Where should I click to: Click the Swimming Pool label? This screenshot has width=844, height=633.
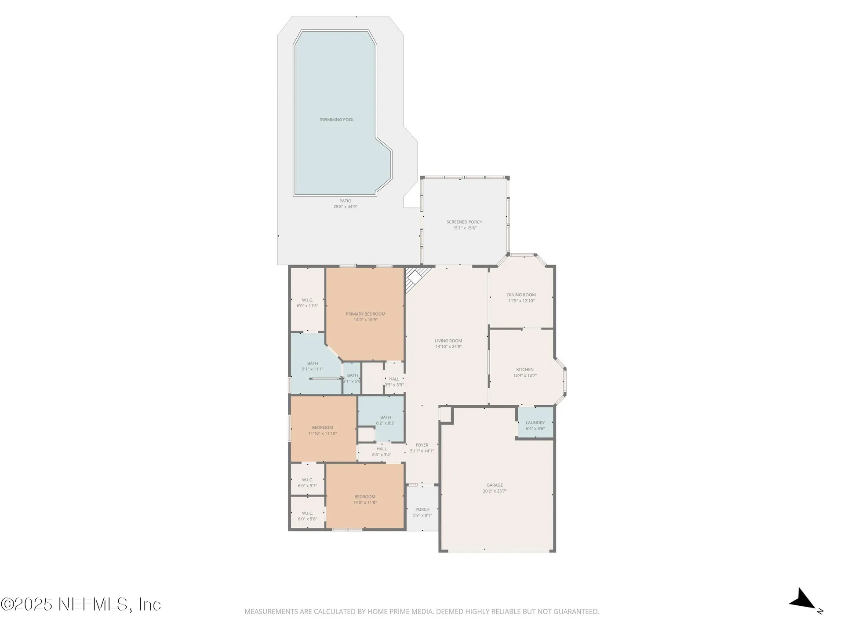[x=337, y=120]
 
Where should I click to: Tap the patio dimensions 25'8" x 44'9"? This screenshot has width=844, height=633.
[x=345, y=207]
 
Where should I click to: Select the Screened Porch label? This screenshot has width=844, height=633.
[x=464, y=222]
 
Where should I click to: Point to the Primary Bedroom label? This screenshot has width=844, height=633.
[x=365, y=314]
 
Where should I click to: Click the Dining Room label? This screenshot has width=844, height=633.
[x=521, y=295]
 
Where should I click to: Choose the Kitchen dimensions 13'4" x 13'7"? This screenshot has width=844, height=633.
[x=524, y=375]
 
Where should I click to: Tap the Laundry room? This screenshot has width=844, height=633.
[x=535, y=423]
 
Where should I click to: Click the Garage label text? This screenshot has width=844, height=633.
[x=495, y=485]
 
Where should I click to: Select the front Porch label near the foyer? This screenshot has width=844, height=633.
[x=422, y=509]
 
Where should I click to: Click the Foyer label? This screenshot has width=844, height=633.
[x=422, y=445]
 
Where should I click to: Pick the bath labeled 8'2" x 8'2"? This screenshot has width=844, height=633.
[x=385, y=420]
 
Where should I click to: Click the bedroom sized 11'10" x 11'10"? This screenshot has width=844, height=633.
[x=322, y=430]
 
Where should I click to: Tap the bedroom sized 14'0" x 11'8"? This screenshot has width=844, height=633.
[x=365, y=499]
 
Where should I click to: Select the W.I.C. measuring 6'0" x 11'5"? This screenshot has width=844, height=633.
[x=307, y=303]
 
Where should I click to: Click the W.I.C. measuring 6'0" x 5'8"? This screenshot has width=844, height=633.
[x=307, y=516]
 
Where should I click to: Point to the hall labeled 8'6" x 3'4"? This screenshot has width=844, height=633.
[x=382, y=452]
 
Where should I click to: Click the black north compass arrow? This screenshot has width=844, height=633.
[x=804, y=599]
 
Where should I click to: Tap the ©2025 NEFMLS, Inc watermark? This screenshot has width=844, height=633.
[x=81, y=604]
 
